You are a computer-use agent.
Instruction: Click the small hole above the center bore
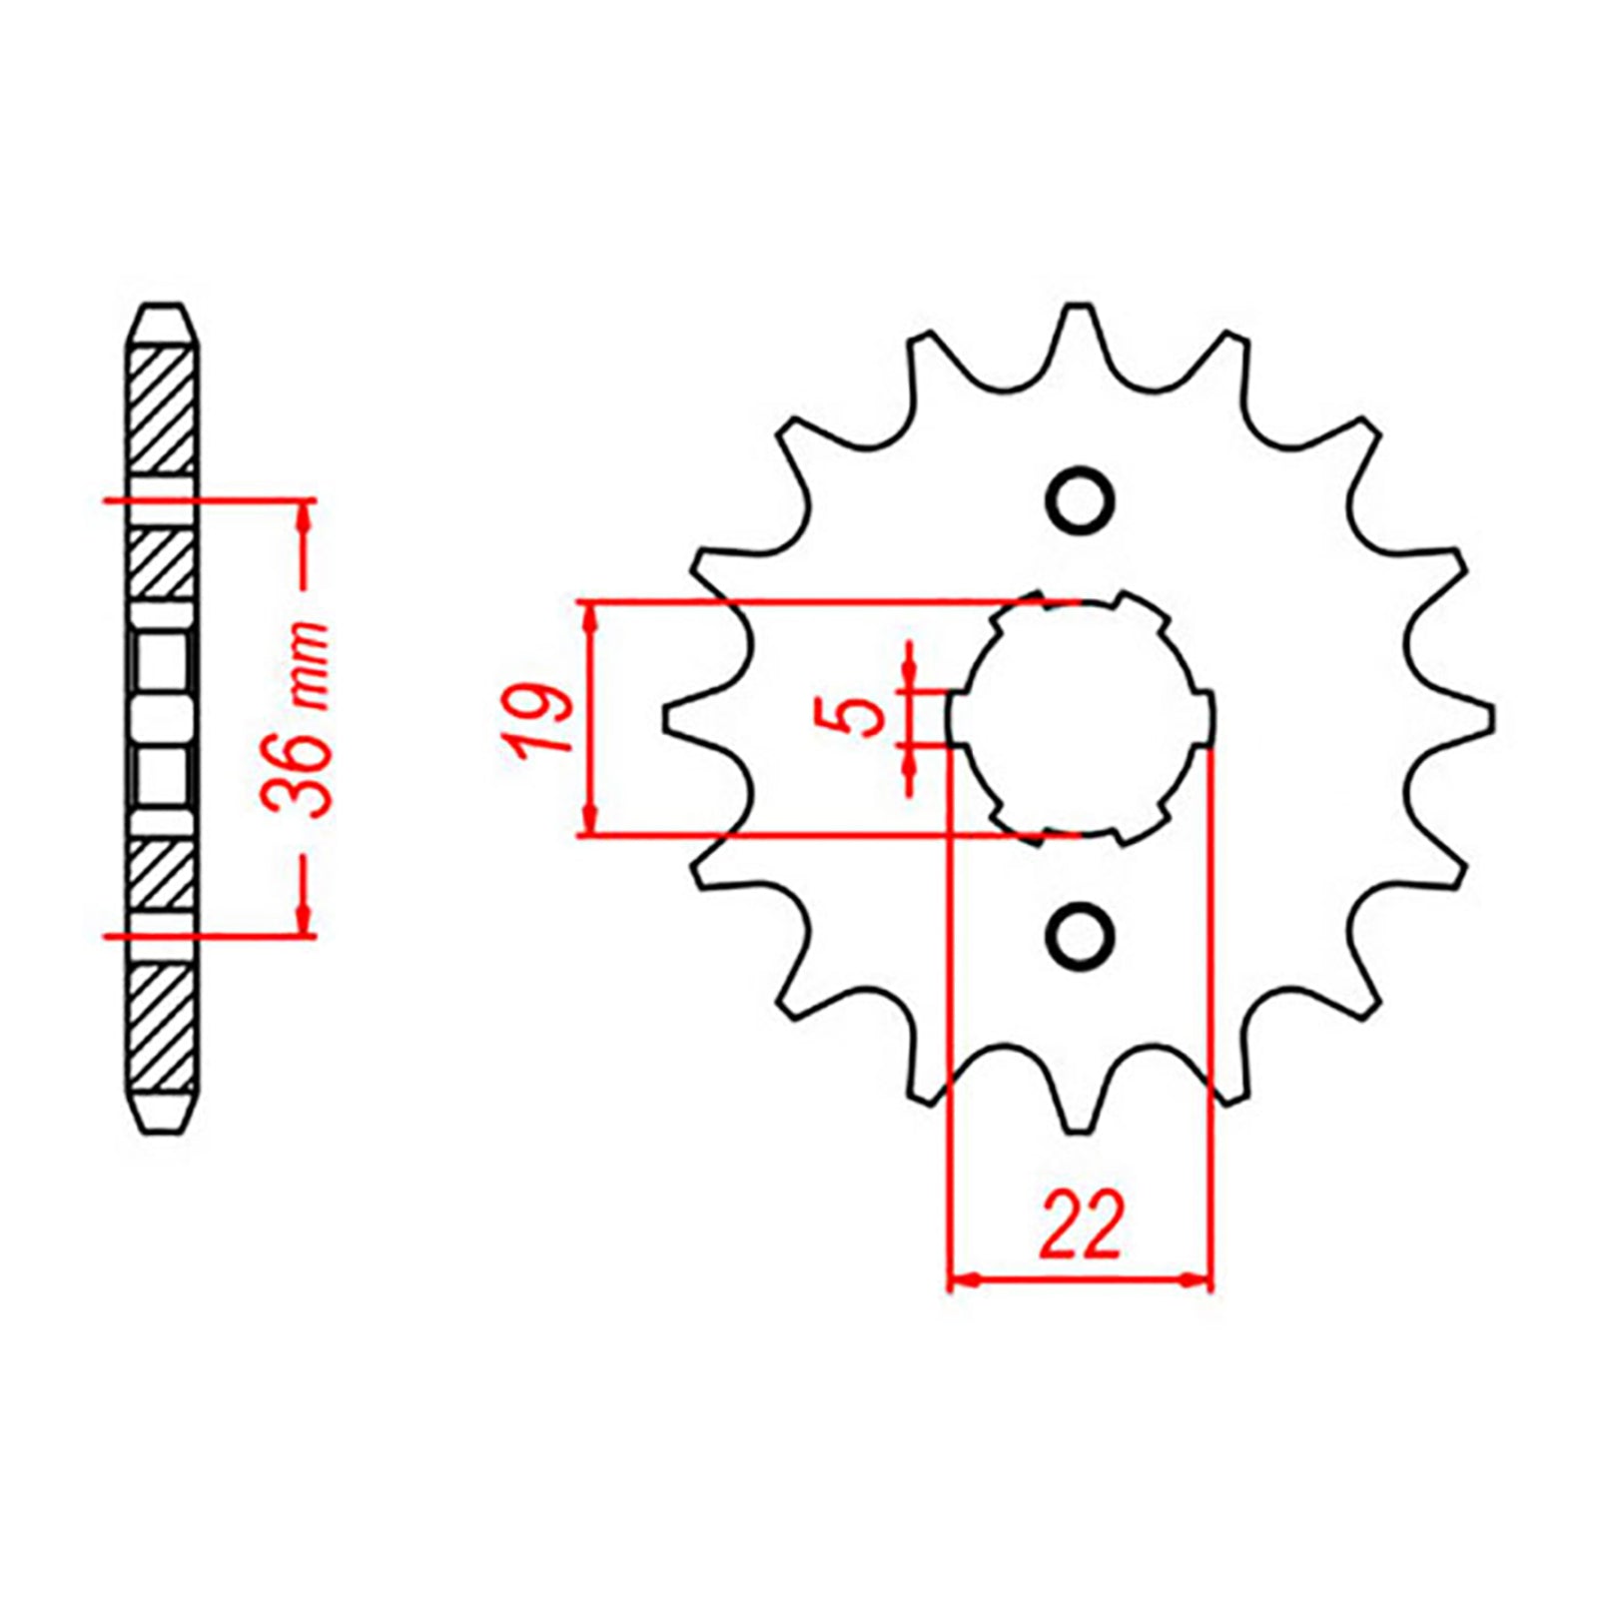tap(1079, 500)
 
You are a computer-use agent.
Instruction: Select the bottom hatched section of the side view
tap(162, 1029)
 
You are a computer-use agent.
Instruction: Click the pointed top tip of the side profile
tap(163, 308)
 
